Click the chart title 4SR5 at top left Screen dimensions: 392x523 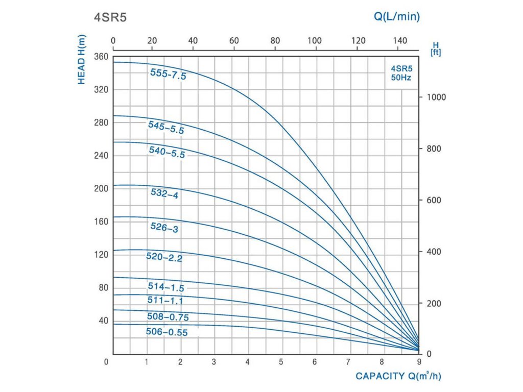tap(109, 17)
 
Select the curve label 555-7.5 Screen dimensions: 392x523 tap(168, 74)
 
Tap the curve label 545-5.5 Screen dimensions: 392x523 tap(166, 127)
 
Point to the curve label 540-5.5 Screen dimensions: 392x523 tap(167, 152)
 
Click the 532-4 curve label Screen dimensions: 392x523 tap(164, 193)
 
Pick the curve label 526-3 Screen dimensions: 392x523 tap(164, 227)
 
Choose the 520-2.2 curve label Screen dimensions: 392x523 tap(164, 257)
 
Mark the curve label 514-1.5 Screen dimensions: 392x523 tap(166, 287)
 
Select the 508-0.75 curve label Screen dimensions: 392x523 tap(168, 317)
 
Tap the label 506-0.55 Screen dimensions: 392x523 tap(167, 332)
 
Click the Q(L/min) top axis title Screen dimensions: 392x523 tap(397, 17)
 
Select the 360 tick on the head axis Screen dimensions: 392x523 tap(102, 56)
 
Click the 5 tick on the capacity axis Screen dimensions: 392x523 tap(281, 362)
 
